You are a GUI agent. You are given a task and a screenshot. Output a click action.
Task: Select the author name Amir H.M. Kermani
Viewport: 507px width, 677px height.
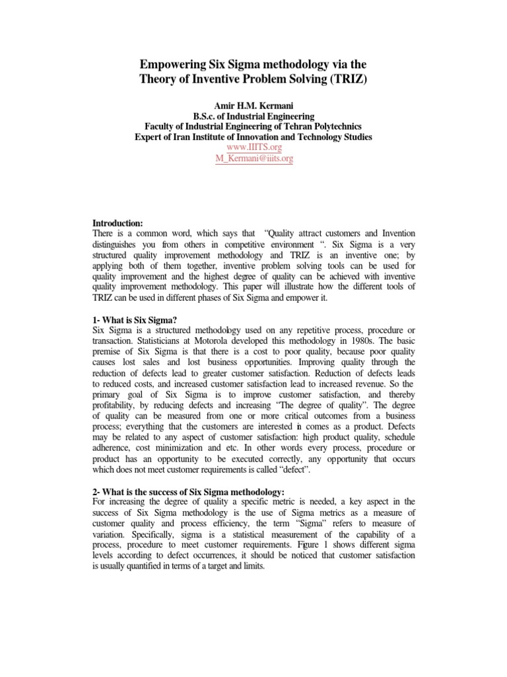tap(253, 105)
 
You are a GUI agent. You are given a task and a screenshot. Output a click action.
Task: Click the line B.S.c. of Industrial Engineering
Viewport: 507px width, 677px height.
tap(253, 116)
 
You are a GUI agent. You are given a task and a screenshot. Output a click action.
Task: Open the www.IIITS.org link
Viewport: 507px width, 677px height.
tap(253, 147)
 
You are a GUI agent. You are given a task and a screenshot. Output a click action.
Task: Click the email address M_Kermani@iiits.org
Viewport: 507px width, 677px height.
tap(253, 159)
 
